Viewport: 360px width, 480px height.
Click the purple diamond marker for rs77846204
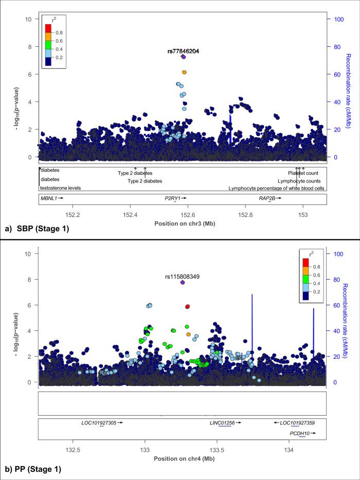[184, 57]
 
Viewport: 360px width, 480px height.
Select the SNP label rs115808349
[183, 276]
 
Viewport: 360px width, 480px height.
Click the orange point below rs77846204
[184, 72]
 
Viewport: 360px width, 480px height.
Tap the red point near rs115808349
[188, 306]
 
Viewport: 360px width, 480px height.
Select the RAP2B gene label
[266, 197]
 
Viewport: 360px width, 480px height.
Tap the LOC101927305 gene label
[99, 422]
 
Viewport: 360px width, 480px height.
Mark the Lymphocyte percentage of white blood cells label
[276, 188]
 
